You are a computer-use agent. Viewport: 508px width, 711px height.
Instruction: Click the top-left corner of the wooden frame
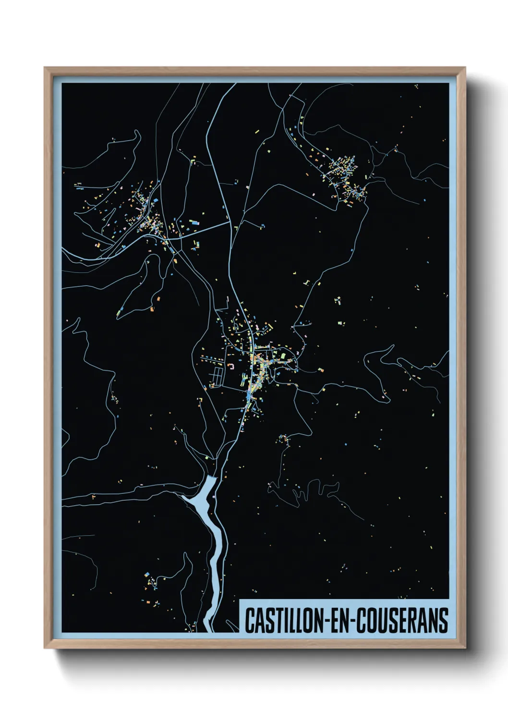[x=45, y=68]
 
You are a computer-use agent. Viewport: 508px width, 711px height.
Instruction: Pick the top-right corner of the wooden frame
[x=464, y=68]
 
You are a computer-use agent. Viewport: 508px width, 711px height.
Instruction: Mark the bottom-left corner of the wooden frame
[x=45, y=648]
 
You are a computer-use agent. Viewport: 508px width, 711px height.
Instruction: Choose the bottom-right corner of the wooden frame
[x=464, y=648]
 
